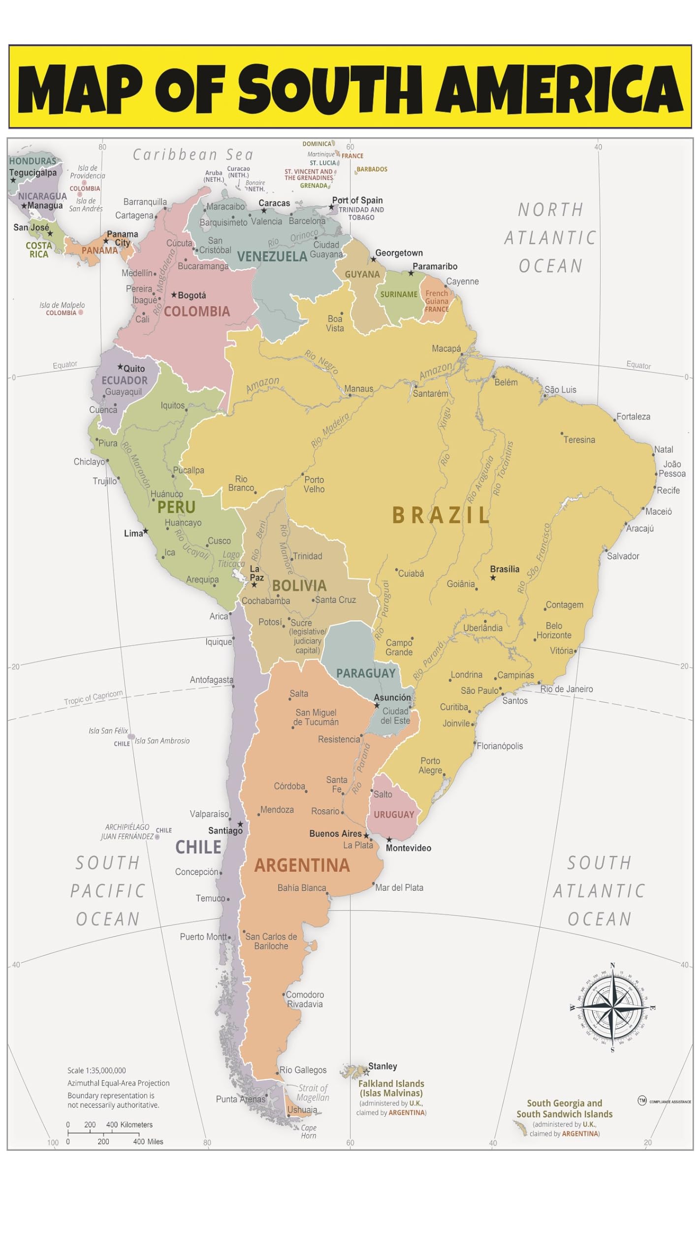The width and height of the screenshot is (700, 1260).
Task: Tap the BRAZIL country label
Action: (x=441, y=515)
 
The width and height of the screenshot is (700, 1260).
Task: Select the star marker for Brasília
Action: (x=493, y=578)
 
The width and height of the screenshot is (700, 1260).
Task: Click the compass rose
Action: (x=612, y=1008)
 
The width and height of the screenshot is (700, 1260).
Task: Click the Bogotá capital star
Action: (x=174, y=295)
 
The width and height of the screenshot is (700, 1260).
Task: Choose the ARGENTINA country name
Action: (x=302, y=865)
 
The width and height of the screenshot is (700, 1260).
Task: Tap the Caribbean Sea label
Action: (x=193, y=155)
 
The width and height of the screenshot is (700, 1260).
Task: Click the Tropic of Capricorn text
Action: (x=94, y=697)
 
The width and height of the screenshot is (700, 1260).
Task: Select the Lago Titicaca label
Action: (x=231, y=559)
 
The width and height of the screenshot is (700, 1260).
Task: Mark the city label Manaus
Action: (x=358, y=389)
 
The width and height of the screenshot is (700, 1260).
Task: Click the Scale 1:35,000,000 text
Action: (x=96, y=1071)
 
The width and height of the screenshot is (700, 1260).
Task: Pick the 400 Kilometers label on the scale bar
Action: (x=129, y=1125)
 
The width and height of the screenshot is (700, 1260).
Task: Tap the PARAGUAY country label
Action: (x=366, y=673)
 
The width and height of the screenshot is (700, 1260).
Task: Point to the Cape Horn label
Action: (x=309, y=1132)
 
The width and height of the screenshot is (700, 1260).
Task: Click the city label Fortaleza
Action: (x=633, y=417)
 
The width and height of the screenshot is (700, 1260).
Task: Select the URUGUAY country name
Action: (x=394, y=815)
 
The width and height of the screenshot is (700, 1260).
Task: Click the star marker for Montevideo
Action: (x=389, y=840)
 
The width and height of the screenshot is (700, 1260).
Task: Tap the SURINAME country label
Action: (x=399, y=294)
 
